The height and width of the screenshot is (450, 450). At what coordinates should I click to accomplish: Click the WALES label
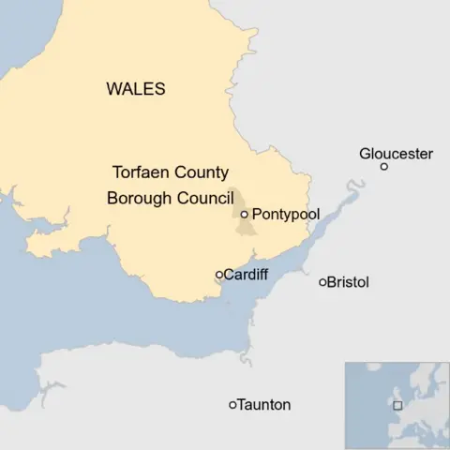click(x=136, y=90)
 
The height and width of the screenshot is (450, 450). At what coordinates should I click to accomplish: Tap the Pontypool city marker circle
click(x=244, y=215)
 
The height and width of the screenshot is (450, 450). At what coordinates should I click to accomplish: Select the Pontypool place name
click(x=286, y=215)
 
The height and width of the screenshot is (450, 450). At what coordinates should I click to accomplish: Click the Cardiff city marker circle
click(x=219, y=275)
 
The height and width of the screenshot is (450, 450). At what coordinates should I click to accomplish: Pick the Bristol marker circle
click(x=322, y=282)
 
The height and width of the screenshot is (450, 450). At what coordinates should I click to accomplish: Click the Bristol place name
click(x=349, y=282)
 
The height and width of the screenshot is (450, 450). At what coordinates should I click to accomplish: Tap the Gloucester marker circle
click(x=383, y=167)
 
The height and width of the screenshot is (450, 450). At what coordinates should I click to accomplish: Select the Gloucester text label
click(x=396, y=153)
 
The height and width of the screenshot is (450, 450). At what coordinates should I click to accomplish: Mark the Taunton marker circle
click(x=232, y=405)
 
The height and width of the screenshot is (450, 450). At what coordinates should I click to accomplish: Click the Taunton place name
click(x=264, y=405)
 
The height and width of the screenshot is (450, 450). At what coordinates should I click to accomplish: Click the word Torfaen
click(x=142, y=173)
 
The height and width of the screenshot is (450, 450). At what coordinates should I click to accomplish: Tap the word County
click(x=203, y=173)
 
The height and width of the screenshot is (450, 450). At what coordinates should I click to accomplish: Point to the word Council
click(x=205, y=198)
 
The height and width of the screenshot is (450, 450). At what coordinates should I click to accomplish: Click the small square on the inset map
click(x=397, y=405)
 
